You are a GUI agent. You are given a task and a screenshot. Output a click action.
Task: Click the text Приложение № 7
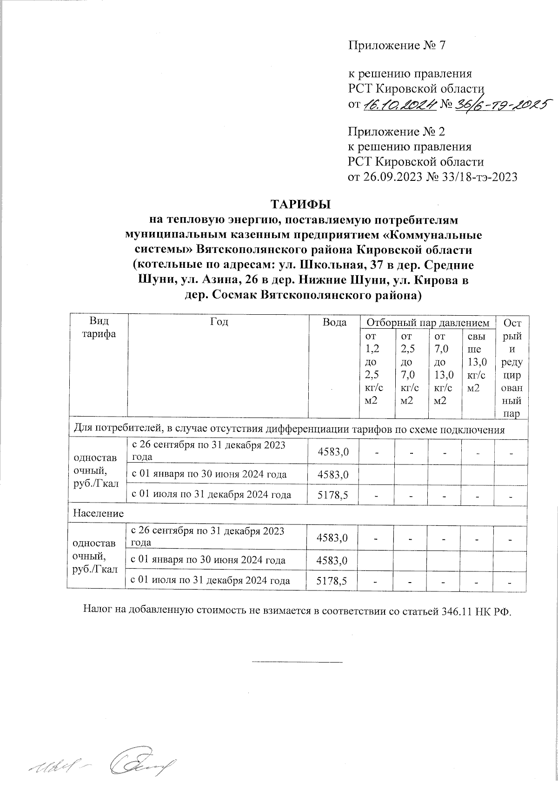397,46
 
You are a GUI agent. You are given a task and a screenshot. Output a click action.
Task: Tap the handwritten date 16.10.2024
400,105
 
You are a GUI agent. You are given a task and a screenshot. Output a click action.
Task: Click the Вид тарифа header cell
98,328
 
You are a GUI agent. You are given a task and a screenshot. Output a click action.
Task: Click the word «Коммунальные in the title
432,235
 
